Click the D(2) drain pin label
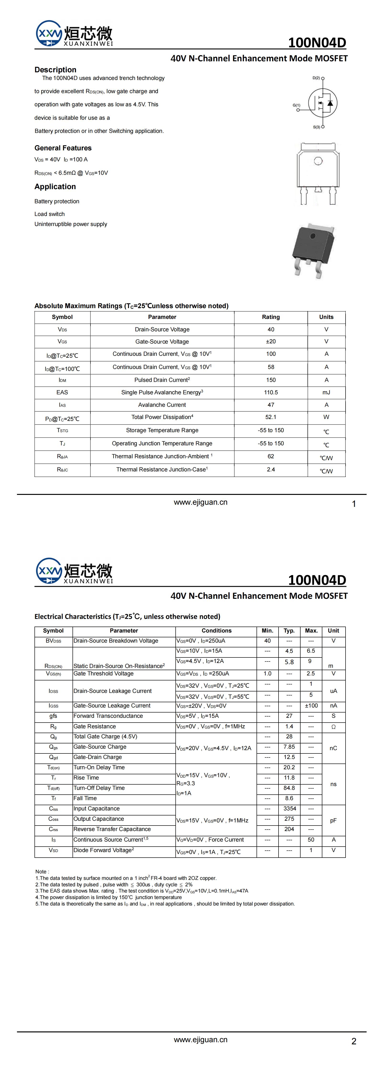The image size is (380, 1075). (316, 78)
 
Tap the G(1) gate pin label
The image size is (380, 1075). (296, 105)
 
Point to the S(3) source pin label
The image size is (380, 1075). (317, 127)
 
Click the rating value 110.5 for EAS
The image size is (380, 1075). (271, 392)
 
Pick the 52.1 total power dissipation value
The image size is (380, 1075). (271, 417)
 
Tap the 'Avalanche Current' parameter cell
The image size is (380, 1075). (162, 405)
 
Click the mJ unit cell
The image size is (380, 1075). (326, 392)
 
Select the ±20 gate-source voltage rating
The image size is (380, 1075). (271, 341)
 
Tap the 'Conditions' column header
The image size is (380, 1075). (217, 631)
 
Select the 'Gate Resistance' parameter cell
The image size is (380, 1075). (95, 727)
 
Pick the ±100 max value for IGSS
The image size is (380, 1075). (311, 706)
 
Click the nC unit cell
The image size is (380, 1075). (333, 748)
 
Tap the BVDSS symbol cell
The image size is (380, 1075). (53, 641)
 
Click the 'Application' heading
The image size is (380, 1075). (55, 187)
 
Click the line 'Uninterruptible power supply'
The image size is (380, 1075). (71, 224)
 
